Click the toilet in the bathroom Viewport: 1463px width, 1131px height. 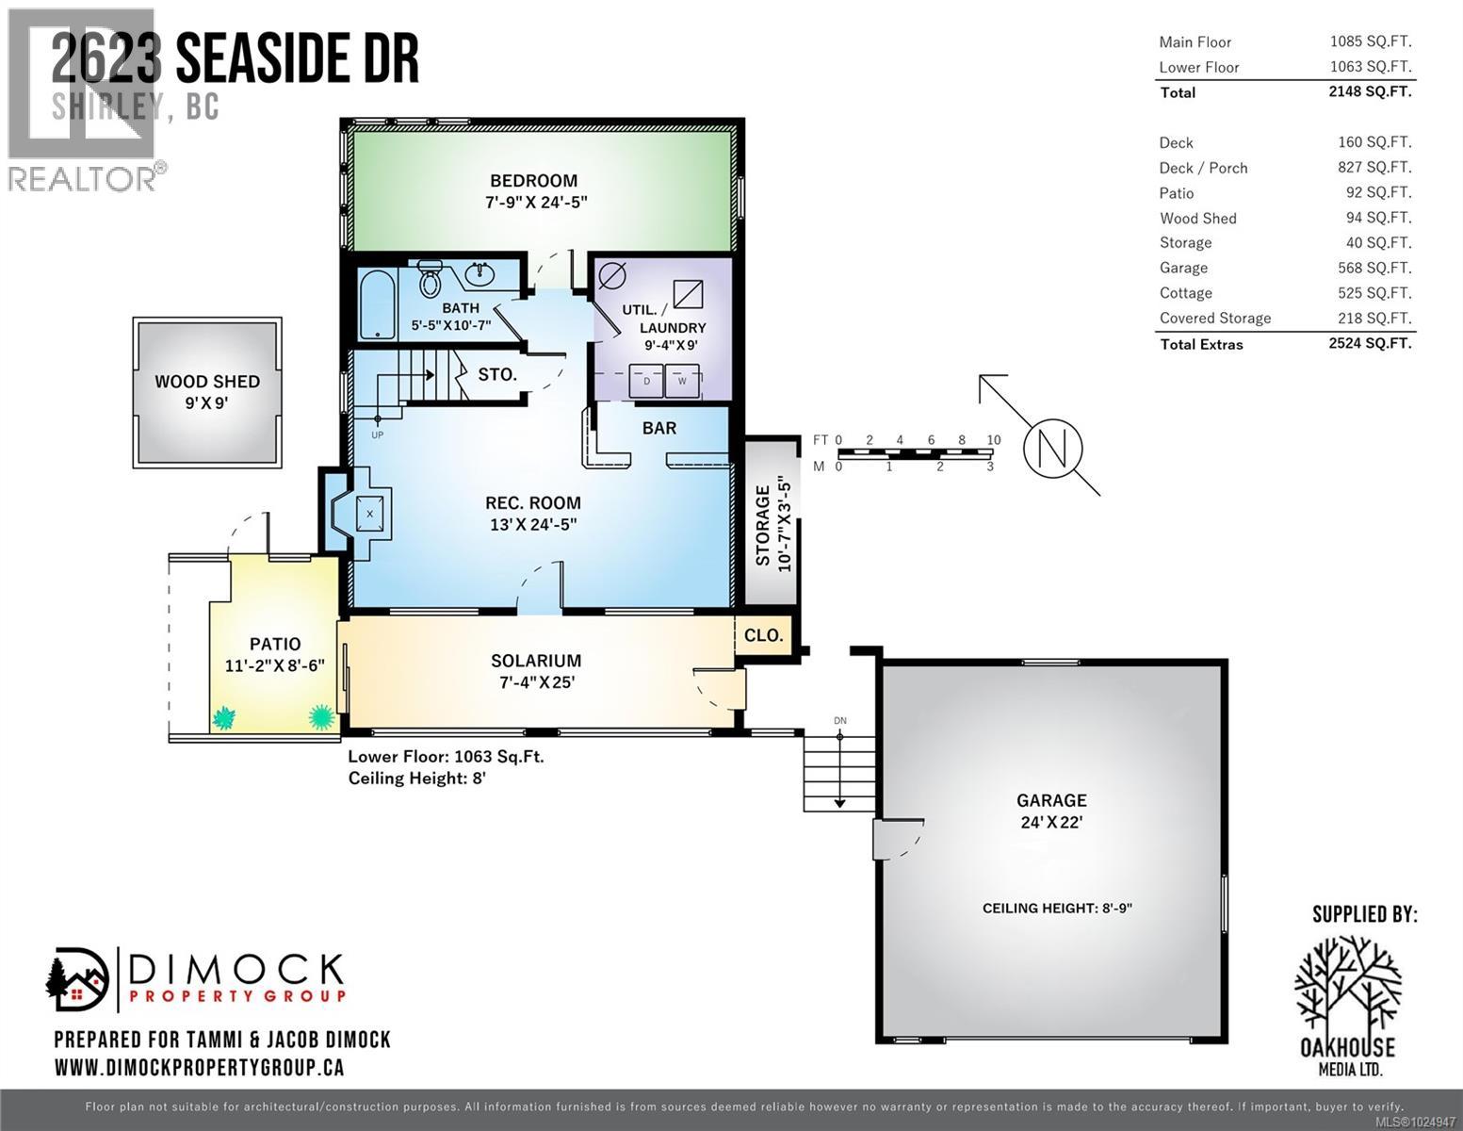coord(431,278)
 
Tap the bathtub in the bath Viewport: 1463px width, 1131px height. coord(378,303)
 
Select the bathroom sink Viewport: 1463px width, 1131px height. coord(481,274)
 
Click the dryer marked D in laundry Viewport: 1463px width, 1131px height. coord(647,382)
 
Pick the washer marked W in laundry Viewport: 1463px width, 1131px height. coord(682,382)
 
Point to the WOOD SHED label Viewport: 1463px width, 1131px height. coord(207,382)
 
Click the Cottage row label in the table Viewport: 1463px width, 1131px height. coord(1185,293)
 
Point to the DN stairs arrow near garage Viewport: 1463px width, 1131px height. coord(839,768)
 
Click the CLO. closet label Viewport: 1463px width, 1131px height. coord(763,635)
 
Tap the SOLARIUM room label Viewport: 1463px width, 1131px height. coord(536,661)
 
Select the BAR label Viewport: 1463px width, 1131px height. coord(659,428)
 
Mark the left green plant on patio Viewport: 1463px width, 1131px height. coord(224,718)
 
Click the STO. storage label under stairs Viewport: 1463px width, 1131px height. coord(496,374)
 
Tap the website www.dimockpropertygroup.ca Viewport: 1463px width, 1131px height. coord(199,1067)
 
